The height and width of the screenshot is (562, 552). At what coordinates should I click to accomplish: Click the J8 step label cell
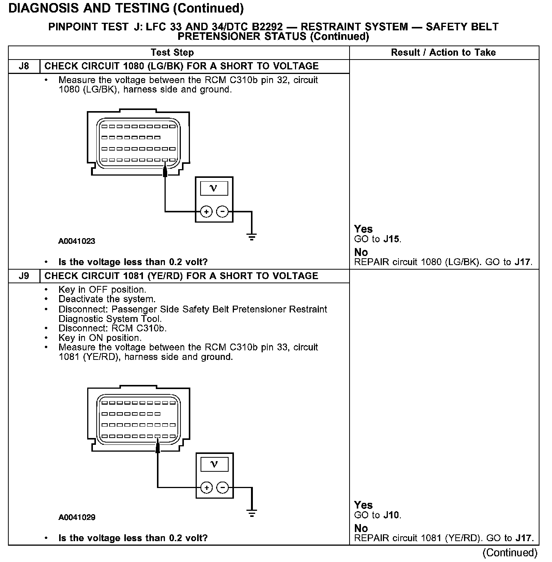[x=24, y=66]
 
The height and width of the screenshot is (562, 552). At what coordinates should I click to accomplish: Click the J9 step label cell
[x=24, y=276]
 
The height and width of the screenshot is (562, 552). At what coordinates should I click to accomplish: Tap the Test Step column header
[x=172, y=53]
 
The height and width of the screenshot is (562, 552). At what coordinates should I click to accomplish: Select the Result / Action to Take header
[x=443, y=53]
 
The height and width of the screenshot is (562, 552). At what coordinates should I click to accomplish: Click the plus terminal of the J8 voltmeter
[x=206, y=212]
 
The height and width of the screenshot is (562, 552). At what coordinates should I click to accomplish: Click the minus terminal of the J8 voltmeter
[x=223, y=212]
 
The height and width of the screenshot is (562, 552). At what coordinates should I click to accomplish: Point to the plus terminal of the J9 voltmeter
[x=206, y=488]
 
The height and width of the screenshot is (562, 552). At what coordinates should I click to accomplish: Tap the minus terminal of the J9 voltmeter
[x=223, y=488]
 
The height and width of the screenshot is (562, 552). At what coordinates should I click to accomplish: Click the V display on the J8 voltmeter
[x=214, y=188]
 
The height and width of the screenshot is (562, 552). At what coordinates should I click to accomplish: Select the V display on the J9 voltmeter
[x=214, y=465]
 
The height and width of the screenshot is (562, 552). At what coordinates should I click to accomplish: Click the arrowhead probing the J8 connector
[x=165, y=171]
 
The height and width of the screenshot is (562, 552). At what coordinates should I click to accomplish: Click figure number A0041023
[x=77, y=241]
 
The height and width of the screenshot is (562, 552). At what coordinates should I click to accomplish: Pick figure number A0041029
[x=77, y=517]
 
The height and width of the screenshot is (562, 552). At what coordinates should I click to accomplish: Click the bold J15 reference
[x=391, y=239]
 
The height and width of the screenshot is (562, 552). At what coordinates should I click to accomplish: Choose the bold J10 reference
[x=391, y=515]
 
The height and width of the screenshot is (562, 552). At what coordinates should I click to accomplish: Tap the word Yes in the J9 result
[x=363, y=505]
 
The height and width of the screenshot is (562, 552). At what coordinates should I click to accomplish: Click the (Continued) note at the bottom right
[x=510, y=553]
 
